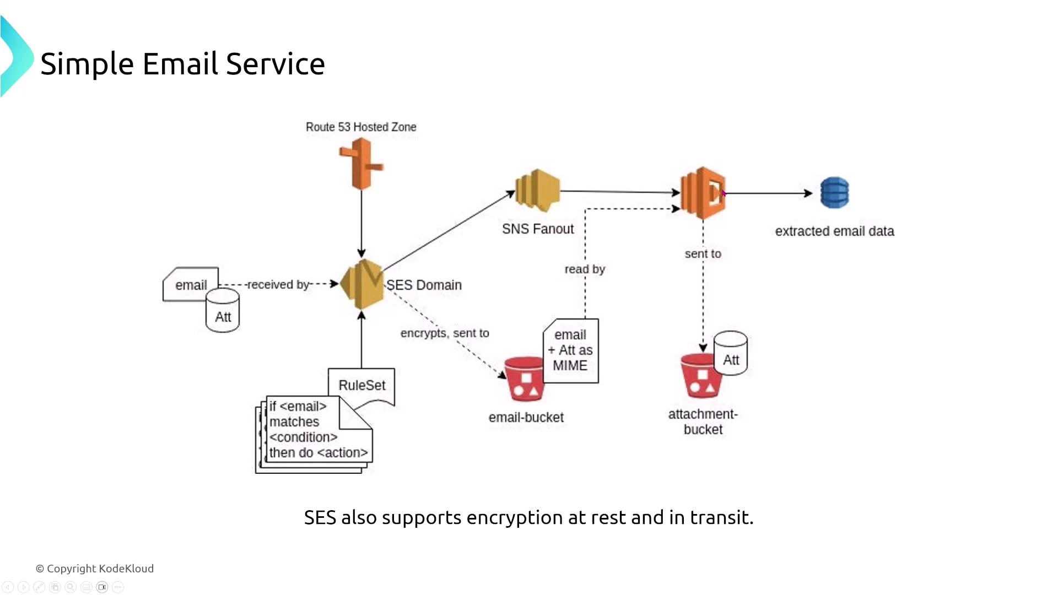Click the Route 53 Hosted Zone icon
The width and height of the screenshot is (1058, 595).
[361, 164]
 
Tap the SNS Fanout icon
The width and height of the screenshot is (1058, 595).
[537, 191]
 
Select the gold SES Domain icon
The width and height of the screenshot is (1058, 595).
[362, 284]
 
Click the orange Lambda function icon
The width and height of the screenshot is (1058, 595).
[703, 193]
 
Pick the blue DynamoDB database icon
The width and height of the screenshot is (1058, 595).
[834, 193]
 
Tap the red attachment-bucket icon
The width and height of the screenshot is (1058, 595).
[700, 376]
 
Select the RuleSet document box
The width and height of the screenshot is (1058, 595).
[361, 385]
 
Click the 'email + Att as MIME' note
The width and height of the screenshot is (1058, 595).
[570, 350]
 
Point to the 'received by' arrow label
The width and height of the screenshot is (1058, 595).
[278, 285]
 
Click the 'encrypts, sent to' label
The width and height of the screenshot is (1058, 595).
[445, 333]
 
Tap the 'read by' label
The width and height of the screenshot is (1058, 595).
[585, 269]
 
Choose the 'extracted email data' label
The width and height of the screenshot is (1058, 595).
[834, 231]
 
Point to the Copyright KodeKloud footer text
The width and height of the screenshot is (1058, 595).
[95, 569]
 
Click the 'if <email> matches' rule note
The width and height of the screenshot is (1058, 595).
[309, 430]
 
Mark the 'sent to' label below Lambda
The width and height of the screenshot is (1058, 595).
[703, 254]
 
